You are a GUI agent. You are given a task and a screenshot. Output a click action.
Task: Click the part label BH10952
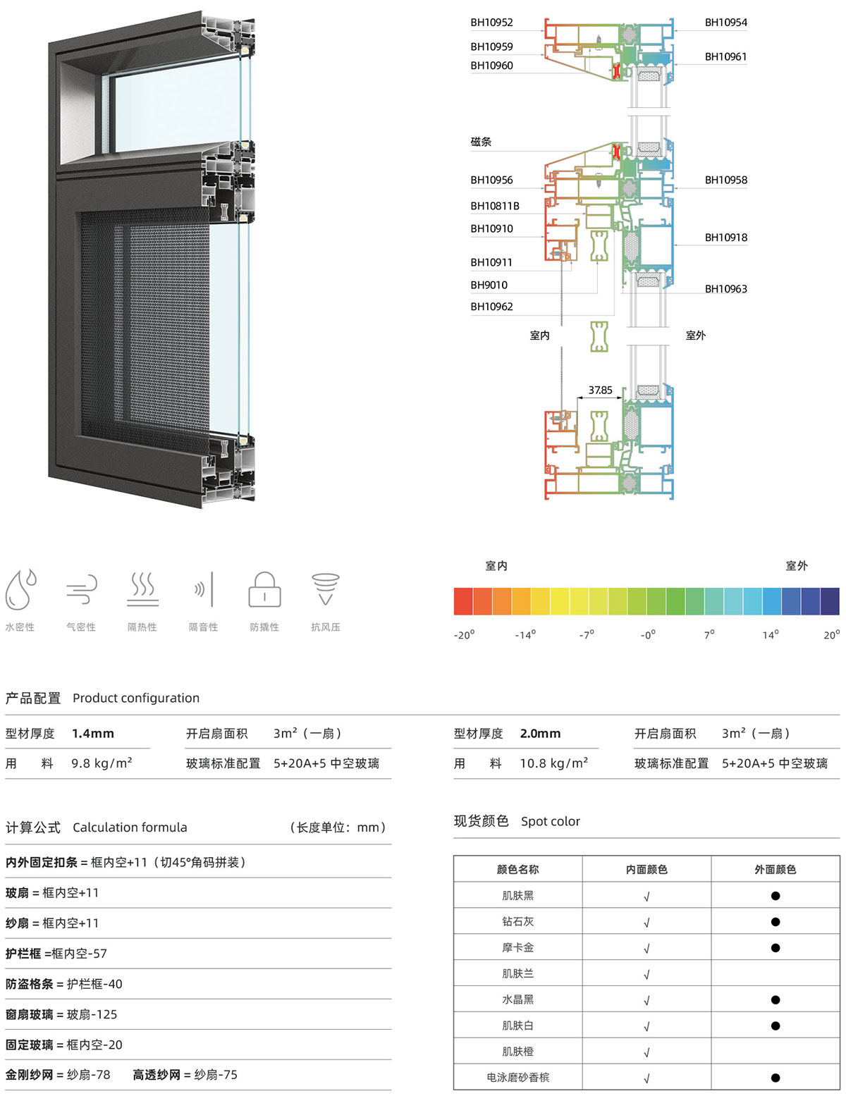pos(491,22)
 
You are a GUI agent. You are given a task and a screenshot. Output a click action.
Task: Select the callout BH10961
pos(725,56)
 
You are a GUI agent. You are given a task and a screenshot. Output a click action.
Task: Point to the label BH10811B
pos(494,206)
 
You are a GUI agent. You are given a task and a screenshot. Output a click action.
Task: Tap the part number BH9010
pos(489,285)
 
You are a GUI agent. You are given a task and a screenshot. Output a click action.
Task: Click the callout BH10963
pos(725,289)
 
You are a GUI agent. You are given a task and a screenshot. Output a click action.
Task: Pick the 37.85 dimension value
pos(600,390)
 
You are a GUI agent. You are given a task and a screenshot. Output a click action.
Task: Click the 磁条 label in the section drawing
pos(481,142)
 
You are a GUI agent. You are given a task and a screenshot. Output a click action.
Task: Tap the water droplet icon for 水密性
pos(20,589)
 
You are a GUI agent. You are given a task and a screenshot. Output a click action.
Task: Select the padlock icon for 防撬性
pos(264,589)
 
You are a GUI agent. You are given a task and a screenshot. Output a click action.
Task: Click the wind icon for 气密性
pos(82,589)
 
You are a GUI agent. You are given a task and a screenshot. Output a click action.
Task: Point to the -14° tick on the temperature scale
pos(525,635)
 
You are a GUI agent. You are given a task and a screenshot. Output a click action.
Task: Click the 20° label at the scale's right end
pos(831,635)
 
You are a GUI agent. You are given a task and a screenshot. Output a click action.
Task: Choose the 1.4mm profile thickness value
pos(93,733)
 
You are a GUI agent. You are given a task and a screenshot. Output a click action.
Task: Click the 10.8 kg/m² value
pos(553,763)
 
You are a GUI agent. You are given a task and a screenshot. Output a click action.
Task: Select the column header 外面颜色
pos(775,869)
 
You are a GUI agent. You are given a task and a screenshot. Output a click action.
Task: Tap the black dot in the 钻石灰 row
pos(775,922)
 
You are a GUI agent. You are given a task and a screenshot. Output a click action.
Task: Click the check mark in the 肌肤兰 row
pos(646,975)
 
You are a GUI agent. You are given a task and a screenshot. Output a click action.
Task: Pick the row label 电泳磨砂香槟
pos(517,1078)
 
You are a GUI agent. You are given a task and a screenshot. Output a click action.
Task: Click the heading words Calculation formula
pos(130,827)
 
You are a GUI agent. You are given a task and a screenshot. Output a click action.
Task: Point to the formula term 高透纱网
pos(157,1075)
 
